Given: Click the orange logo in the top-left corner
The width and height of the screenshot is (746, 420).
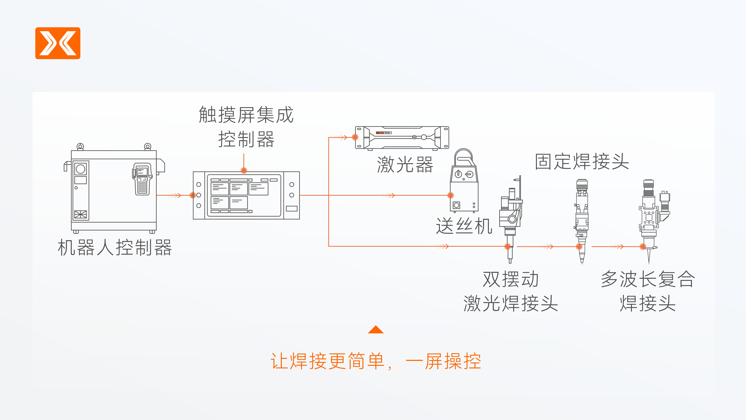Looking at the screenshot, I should (x=58, y=43).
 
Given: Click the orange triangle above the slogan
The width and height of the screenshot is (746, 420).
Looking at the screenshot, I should (x=376, y=330).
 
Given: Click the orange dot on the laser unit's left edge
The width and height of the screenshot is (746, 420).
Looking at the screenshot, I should (x=355, y=137).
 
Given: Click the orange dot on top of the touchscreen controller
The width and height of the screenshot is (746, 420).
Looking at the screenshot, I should (x=244, y=170).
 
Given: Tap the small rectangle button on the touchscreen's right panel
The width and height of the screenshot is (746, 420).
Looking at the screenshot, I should (x=292, y=208).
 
